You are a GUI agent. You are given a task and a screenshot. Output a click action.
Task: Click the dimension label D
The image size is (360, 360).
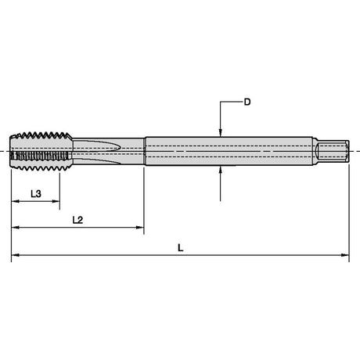tap(247, 102)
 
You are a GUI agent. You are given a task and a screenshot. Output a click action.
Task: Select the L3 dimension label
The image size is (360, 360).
tap(36, 194)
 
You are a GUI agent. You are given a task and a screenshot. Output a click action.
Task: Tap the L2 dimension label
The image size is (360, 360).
tap(77, 220)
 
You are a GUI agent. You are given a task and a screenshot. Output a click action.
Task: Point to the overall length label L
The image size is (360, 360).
tap(181, 248)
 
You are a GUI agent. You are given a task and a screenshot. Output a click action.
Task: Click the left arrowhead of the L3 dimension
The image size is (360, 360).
tap(15, 201)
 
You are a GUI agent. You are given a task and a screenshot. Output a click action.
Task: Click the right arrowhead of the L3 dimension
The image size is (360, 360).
tap(56, 201)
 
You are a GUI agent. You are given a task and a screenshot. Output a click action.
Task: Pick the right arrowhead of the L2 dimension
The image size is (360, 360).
tap(140, 228)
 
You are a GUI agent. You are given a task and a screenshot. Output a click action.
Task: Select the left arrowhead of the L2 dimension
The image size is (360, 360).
tap(15, 228)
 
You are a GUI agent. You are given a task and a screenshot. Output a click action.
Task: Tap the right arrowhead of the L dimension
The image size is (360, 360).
tap(345, 255)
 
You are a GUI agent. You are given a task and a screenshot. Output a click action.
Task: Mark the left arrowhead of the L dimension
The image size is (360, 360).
tap(15, 255)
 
